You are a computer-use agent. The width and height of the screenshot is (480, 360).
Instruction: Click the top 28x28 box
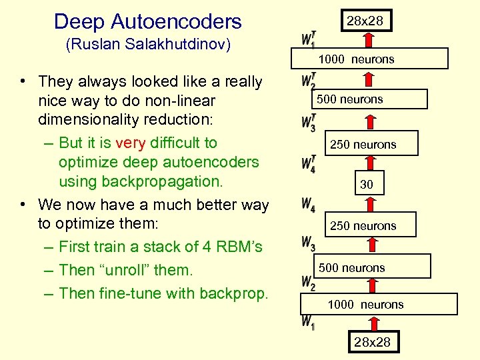coord(365,21)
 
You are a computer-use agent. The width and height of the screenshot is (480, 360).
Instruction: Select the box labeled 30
coord(366,185)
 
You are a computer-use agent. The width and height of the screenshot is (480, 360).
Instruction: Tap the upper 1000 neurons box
coord(365,59)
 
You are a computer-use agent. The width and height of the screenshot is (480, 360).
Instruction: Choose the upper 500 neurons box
coord(360,99)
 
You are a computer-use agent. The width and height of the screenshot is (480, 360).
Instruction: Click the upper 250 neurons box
coord(364,144)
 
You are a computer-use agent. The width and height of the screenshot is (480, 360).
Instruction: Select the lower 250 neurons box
coord(364,226)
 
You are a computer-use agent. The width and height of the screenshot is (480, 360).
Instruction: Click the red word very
coord(131,143)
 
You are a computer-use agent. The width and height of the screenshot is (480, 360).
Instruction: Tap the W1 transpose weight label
coord(308,39)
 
